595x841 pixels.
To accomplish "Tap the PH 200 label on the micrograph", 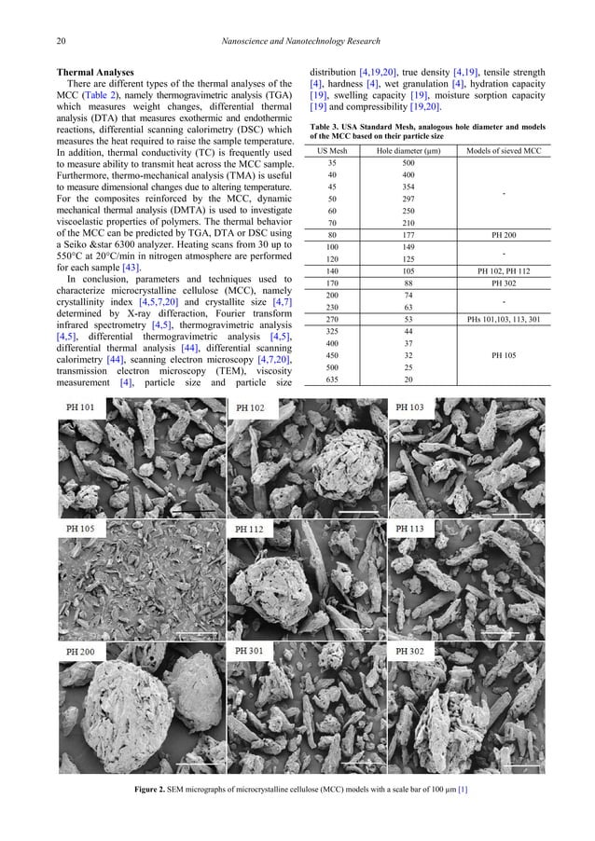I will pyautogui.click(x=80, y=649).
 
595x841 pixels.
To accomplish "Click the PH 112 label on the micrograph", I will pyautogui.click(x=249, y=529).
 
